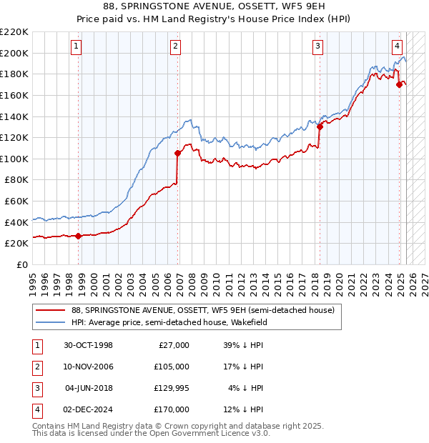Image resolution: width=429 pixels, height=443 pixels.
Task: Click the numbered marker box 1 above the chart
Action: pyautogui.click(x=77, y=46)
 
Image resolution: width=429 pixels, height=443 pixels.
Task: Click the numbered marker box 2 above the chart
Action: pyautogui.click(x=176, y=46)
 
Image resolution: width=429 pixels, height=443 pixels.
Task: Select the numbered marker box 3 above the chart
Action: pyautogui.click(x=317, y=46)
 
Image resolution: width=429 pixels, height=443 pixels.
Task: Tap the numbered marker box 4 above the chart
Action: pyautogui.click(x=397, y=46)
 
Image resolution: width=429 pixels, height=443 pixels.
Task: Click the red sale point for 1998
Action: pyautogui.click(x=78, y=237)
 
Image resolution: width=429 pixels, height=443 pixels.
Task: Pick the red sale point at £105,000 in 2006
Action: pyautogui.click(x=177, y=153)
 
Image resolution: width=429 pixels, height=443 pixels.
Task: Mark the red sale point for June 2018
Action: pyautogui.click(x=319, y=126)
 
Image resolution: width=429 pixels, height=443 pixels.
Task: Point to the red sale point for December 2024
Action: pyautogui.click(x=399, y=84)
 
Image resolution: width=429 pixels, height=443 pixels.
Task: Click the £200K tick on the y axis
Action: pyautogui.click(x=14, y=53)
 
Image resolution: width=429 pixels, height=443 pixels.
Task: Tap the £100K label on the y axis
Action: pyautogui.click(x=14, y=159)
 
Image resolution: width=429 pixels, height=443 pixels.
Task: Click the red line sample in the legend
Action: pyautogui.click(x=51, y=310)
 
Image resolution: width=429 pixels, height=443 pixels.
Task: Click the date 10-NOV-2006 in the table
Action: pyautogui.click(x=89, y=367)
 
